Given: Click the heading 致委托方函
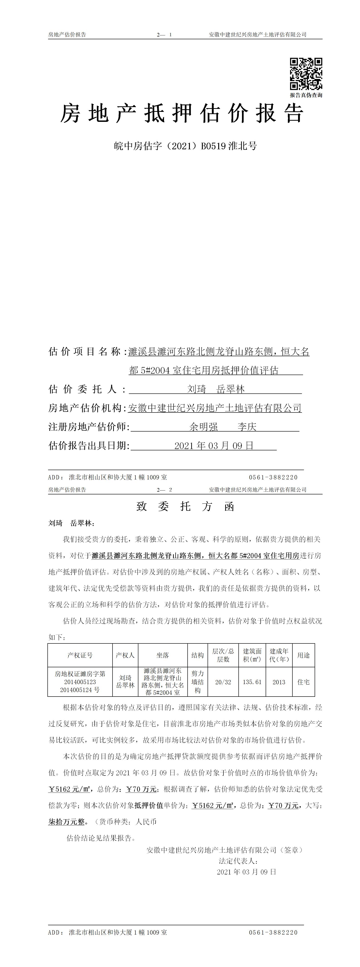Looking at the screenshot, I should click(185, 507).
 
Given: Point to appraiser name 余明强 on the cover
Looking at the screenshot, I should click(203, 427).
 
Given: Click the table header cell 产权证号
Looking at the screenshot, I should click(80, 655).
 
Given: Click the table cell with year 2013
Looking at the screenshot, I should click(279, 682).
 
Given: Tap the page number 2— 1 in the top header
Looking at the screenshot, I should click(164, 34).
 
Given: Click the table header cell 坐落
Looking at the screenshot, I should click(163, 655).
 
